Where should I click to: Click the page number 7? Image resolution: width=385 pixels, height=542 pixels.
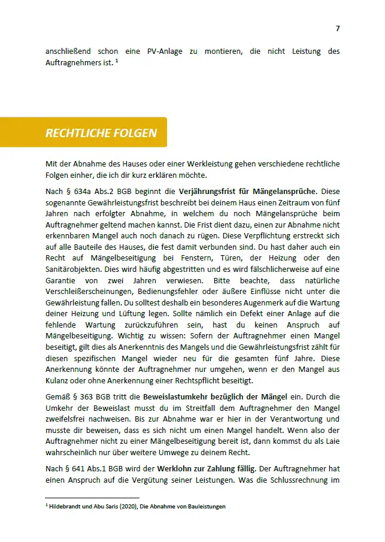(338, 28)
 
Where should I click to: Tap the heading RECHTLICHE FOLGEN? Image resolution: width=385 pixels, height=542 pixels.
(101, 133)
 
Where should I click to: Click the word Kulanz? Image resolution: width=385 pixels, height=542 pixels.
(57, 381)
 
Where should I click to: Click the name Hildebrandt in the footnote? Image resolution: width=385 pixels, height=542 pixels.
(66, 507)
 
